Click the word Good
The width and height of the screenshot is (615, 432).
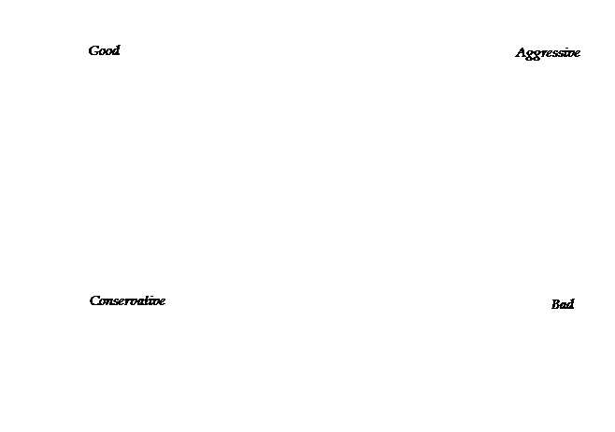[105, 50]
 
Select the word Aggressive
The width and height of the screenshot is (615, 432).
[548, 53]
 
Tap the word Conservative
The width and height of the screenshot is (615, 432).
[127, 300]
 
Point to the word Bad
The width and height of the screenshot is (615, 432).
[563, 304]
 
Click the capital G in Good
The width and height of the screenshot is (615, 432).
[93, 51]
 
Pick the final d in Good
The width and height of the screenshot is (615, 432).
[115, 50]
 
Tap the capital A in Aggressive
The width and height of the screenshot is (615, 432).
[522, 52]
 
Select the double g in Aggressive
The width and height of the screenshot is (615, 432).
[533, 55]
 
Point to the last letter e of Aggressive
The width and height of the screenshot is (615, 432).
[578, 54]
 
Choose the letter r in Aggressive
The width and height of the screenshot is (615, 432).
[543, 54]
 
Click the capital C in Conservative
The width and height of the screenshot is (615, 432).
[94, 300]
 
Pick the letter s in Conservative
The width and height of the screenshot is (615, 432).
[115, 302]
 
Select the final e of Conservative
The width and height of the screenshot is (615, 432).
[163, 302]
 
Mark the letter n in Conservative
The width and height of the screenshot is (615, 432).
[107, 302]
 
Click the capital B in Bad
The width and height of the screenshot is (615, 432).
[556, 304]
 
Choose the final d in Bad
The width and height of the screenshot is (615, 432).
[570, 304]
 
